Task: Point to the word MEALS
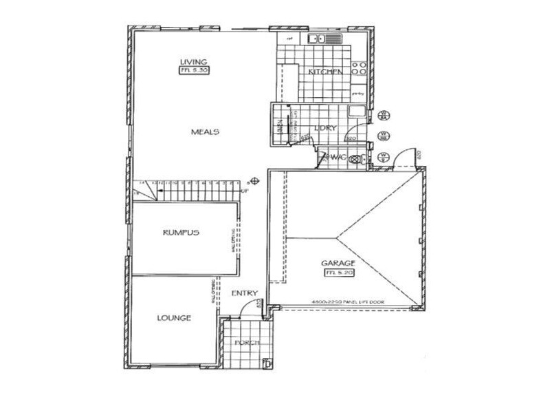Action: [x=205, y=131]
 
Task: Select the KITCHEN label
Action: [x=325, y=72]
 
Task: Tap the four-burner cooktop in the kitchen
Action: [x=358, y=67]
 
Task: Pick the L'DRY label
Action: [x=324, y=127]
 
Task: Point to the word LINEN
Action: [x=280, y=127]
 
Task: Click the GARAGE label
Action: [x=337, y=263]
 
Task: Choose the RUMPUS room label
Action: [x=181, y=233]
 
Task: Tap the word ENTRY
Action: [x=244, y=294]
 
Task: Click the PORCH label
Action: [x=246, y=343]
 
